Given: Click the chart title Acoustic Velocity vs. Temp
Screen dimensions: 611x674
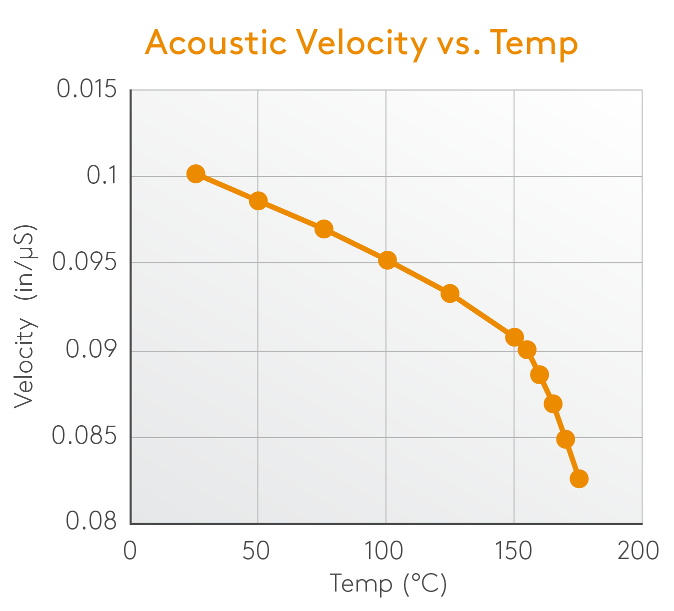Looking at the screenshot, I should [361, 43].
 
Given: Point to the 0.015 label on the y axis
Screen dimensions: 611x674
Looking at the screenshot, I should [86, 89].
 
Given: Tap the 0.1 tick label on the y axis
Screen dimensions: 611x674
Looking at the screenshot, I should [101, 176].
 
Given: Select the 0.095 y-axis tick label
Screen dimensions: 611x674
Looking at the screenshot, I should [84, 262].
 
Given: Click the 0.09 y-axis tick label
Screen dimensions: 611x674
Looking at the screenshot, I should [91, 350].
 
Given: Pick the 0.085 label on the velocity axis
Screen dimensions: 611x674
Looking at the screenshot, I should [84, 436].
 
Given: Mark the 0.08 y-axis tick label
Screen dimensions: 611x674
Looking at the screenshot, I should [91, 521].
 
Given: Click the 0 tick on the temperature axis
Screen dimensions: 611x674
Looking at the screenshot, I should [130, 551].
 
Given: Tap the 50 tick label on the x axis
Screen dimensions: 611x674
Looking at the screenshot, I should [256, 551].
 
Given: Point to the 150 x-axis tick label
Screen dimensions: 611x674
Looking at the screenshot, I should [513, 551].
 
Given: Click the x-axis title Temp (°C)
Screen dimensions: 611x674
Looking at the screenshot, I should [388, 584].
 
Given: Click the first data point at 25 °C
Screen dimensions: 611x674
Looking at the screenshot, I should [195, 174].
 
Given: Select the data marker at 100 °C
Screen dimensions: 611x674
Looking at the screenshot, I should [387, 260].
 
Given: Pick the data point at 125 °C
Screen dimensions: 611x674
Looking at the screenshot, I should [450, 294].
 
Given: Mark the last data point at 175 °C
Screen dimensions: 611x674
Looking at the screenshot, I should [579, 479].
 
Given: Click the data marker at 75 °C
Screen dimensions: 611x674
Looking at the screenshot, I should [324, 229].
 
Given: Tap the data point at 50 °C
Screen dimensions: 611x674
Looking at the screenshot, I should [258, 201].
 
